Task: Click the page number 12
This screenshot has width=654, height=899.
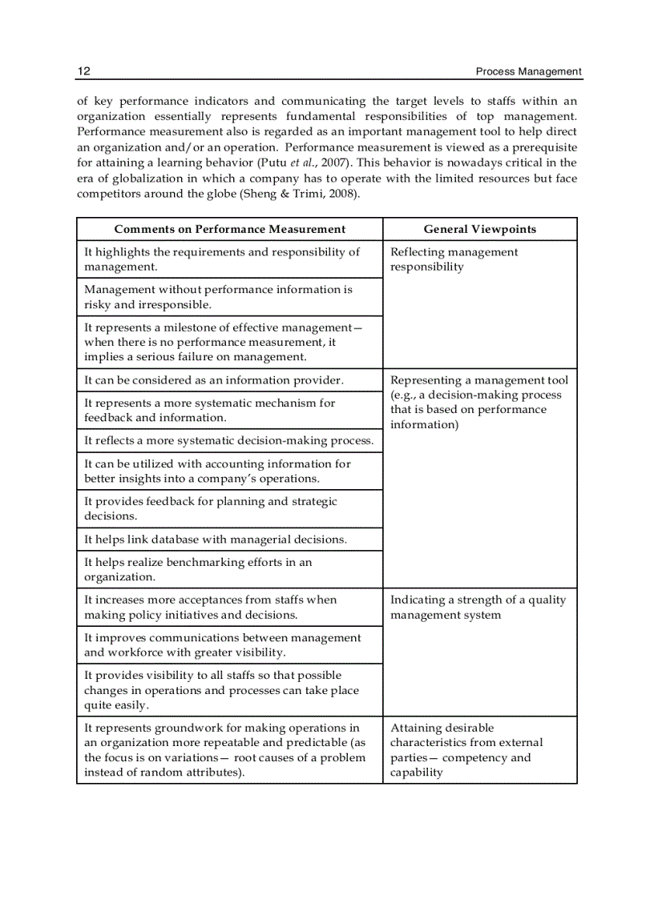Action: [x=83, y=71]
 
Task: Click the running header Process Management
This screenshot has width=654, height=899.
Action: [x=528, y=71]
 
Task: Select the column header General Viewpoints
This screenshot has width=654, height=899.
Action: [x=479, y=229]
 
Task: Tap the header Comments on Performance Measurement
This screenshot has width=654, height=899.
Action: [x=229, y=229]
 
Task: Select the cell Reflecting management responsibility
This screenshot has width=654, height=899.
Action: [x=454, y=259]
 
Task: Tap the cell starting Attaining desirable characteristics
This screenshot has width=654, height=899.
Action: [x=466, y=750]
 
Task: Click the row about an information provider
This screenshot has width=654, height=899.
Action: [x=214, y=380]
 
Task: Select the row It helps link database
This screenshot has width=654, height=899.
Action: [x=216, y=540]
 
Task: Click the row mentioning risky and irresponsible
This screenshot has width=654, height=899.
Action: [x=218, y=297]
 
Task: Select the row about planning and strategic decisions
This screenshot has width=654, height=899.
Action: [x=211, y=508]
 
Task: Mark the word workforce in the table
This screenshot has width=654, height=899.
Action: [x=137, y=652]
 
